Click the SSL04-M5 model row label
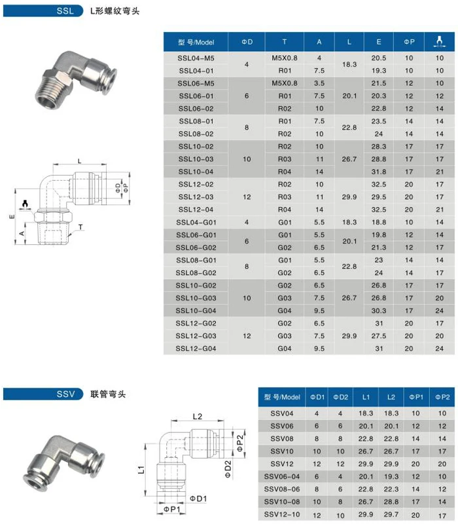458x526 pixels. coord(196,58)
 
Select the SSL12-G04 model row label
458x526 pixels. coord(196,348)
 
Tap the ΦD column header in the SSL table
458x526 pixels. coord(247,41)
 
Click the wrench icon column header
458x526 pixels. coord(440,41)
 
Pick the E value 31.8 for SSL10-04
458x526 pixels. coord(379,172)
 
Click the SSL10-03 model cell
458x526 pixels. coord(196,159)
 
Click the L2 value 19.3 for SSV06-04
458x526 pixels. coord(391,476)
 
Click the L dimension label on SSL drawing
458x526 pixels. coord(80,160)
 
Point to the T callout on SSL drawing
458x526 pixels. coord(80,227)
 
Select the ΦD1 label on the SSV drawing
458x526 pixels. coord(198,500)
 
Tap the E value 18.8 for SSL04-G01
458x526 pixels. coord(379,223)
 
